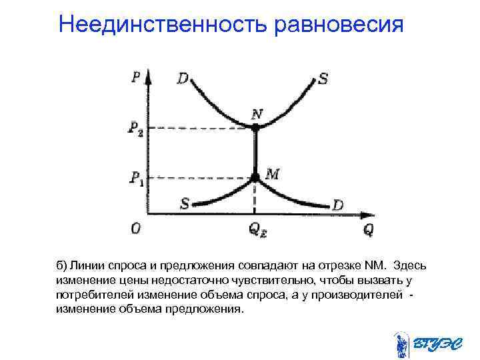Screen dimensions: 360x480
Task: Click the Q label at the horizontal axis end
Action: (369, 229)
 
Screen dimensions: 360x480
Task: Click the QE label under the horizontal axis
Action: (257, 230)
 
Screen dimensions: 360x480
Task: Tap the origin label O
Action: (135, 229)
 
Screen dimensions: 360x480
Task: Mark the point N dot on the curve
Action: (255, 127)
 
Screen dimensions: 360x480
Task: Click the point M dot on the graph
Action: (255, 177)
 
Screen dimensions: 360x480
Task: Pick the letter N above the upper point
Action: (256, 114)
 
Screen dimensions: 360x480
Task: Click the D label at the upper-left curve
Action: (182, 78)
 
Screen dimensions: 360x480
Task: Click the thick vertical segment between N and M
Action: (255, 152)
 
